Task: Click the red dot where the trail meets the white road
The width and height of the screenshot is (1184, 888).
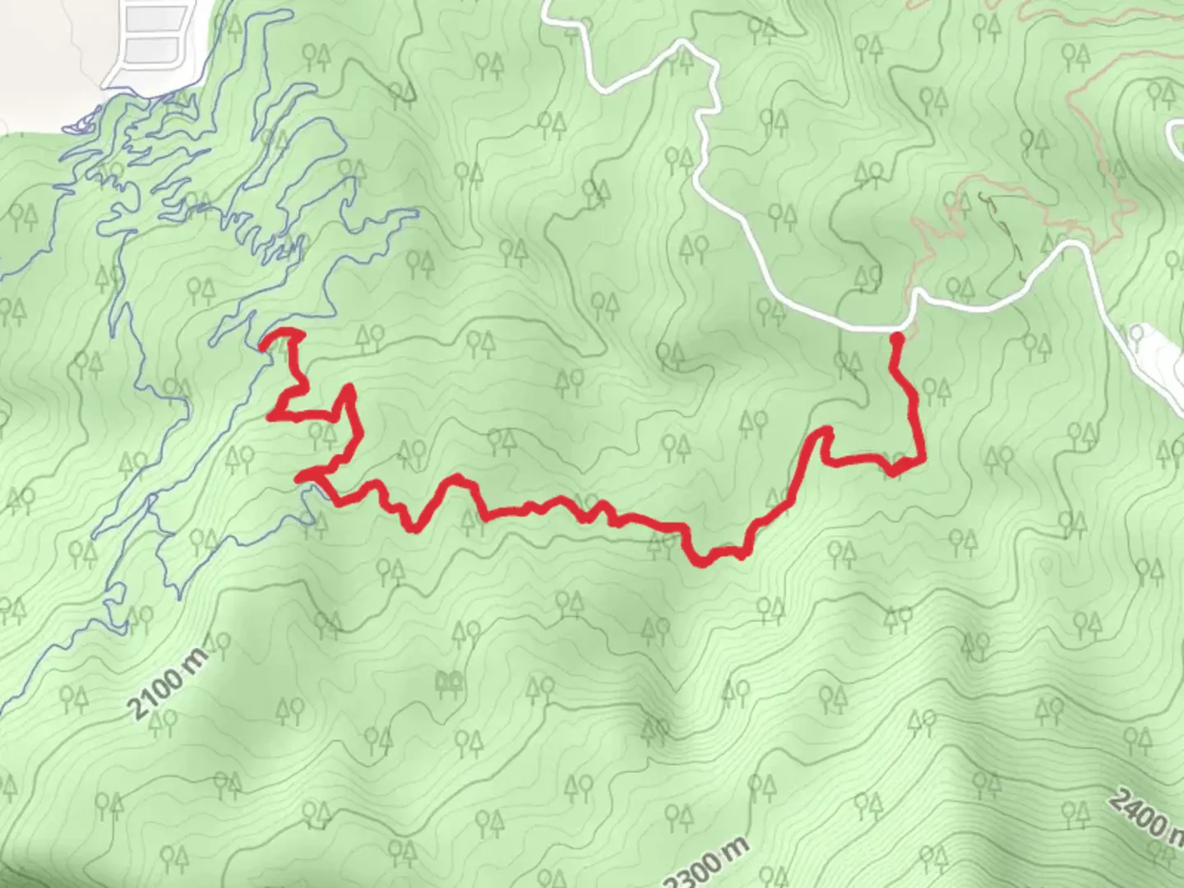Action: [898, 337]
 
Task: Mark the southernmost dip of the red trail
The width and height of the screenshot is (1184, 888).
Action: [701, 562]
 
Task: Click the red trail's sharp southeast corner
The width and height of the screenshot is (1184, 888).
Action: [922, 461]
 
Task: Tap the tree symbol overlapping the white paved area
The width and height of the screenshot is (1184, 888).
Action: [1139, 335]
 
